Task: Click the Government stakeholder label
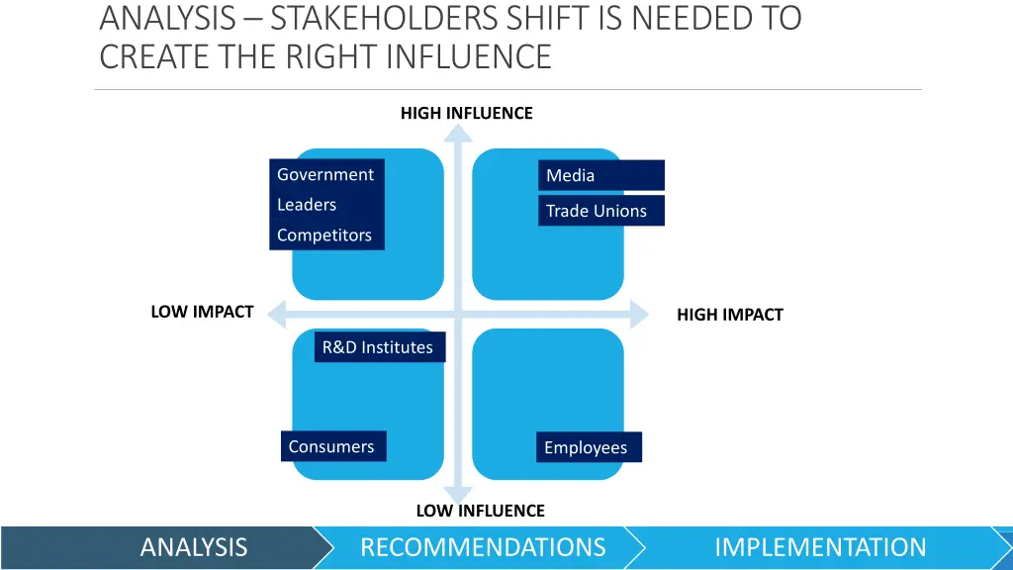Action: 325,175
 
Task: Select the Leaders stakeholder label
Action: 307,205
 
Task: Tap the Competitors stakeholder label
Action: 324,236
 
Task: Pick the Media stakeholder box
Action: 600,176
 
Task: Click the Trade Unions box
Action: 600,211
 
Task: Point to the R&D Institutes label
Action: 379,347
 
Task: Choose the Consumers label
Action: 332,446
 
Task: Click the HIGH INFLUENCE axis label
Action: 466,113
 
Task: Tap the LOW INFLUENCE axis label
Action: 480,511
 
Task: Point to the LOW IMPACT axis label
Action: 202,312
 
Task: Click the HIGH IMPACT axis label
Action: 729,315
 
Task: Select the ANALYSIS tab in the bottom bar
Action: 194,547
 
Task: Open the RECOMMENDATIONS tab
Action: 483,547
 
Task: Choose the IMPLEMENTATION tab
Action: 820,547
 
